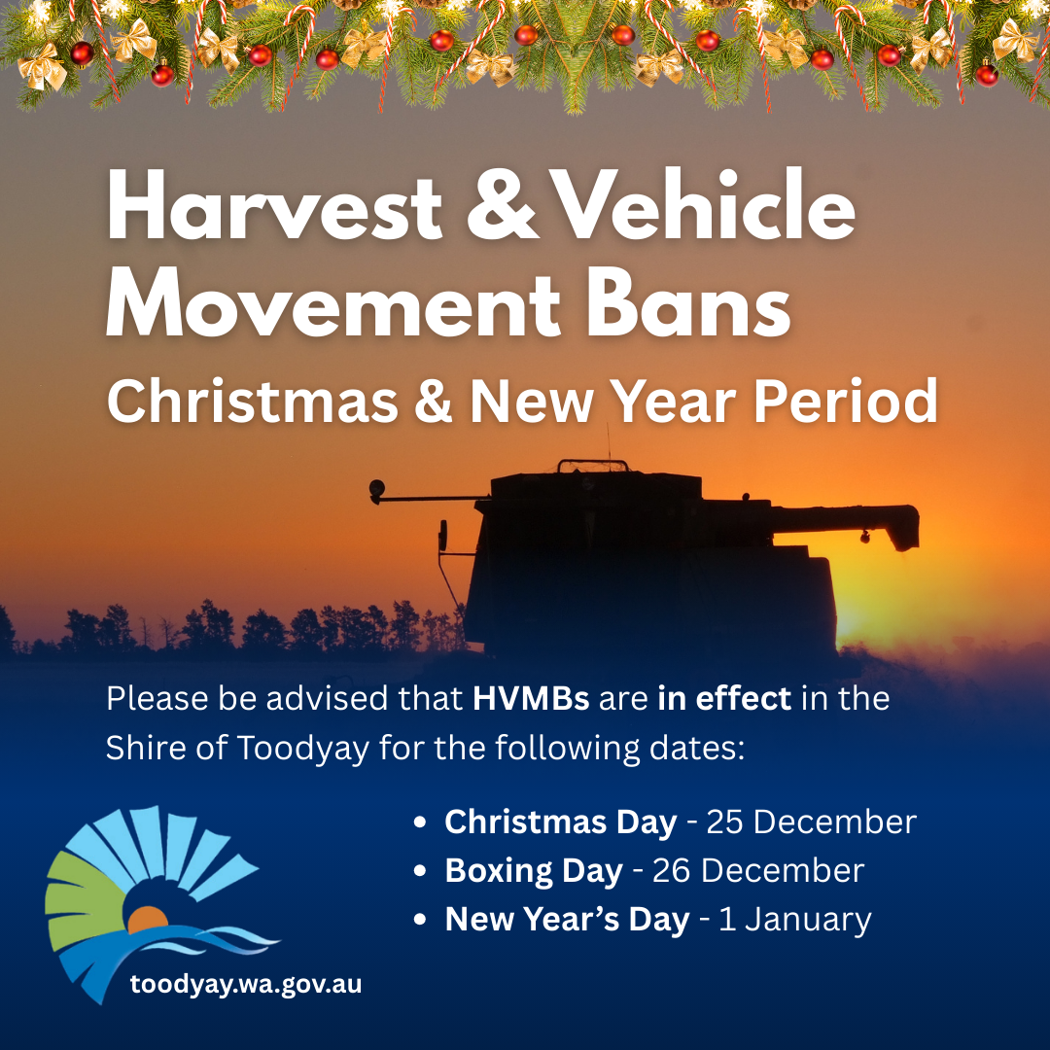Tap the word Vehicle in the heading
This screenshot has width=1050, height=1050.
click(705, 204)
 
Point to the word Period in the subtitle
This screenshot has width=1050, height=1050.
click(846, 401)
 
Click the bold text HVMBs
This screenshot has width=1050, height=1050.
click(531, 699)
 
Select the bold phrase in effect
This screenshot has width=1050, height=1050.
click(724, 698)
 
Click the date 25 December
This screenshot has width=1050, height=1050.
click(812, 822)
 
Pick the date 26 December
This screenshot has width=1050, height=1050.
click(758, 870)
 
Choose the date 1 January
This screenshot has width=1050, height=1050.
click(795, 920)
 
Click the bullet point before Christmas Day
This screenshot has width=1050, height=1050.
click(420, 822)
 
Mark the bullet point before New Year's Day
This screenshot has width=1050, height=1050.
click(420, 920)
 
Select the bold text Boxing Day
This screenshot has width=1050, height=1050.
click(534, 871)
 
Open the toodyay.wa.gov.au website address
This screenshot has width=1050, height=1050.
click(246, 984)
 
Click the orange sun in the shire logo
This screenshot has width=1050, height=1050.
click(148, 920)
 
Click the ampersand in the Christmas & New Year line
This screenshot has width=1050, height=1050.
click(434, 402)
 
